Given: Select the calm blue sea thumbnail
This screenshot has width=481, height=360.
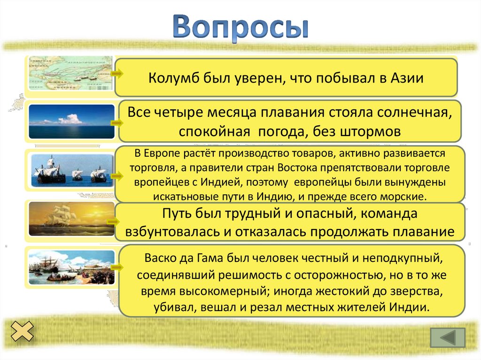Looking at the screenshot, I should pyautogui.click(x=71, y=121).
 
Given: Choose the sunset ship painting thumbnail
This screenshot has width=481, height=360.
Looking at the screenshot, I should pyautogui.click(x=71, y=219).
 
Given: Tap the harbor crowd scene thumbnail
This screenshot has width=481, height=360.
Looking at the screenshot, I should pyautogui.click(x=71, y=267).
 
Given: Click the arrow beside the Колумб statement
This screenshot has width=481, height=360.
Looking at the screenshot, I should pyautogui.click(x=117, y=74).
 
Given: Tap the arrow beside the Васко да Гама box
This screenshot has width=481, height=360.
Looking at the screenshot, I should pyautogui.click(x=117, y=267).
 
